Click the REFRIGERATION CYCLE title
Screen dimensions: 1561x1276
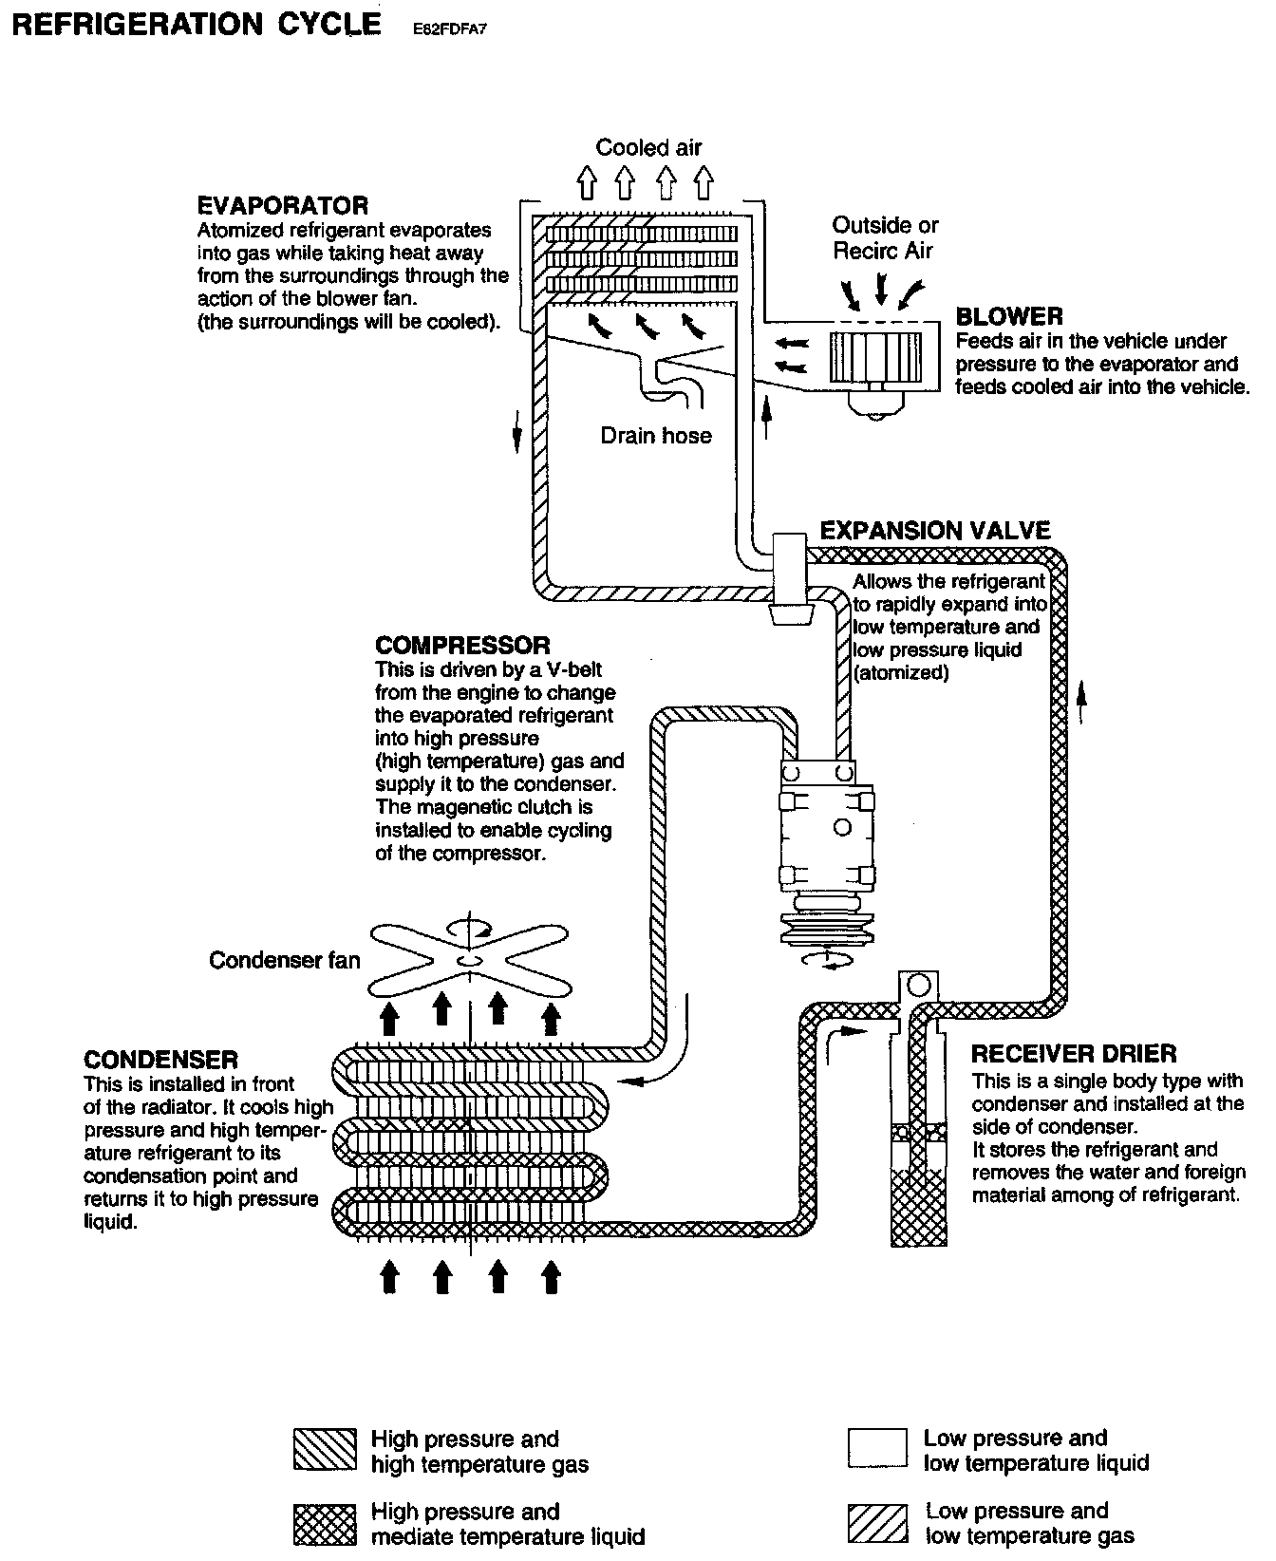click(196, 25)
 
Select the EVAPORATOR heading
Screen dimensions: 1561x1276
click(282, 205)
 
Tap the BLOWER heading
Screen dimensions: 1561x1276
click(1009, 316)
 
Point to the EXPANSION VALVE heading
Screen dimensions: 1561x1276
click(935, 531)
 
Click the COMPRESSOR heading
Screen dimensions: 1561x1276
click(462, 646)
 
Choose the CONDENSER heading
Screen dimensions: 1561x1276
click(160, 1060)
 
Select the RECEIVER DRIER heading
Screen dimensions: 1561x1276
click(1074, 1054)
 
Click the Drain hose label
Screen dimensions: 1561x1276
click(656, 436)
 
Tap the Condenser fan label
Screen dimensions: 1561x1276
click(285, 960)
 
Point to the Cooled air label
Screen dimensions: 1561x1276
click(648, 147)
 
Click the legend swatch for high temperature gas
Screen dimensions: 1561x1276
click(325, 1451)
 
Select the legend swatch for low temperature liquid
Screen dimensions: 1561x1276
click(876, 1449)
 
